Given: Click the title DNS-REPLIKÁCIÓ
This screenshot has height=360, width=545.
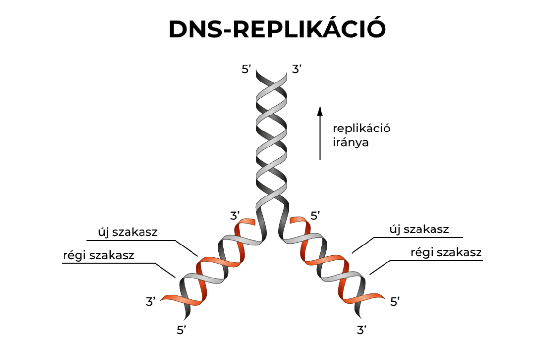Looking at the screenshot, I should tap(277, 30).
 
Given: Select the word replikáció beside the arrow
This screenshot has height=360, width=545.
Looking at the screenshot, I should tap(361, 129).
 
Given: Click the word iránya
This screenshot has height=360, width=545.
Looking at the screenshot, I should tap(350, 143).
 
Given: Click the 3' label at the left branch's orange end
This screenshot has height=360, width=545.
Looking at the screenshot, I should tap(151, 301).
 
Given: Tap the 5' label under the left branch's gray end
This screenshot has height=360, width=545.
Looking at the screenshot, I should tap(182, 330).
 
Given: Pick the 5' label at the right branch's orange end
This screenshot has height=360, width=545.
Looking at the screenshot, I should tap(395, 302).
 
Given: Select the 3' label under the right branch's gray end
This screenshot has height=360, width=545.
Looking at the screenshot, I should tap(361, 331).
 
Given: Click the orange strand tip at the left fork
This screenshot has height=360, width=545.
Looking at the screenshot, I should tap(249, 222).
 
